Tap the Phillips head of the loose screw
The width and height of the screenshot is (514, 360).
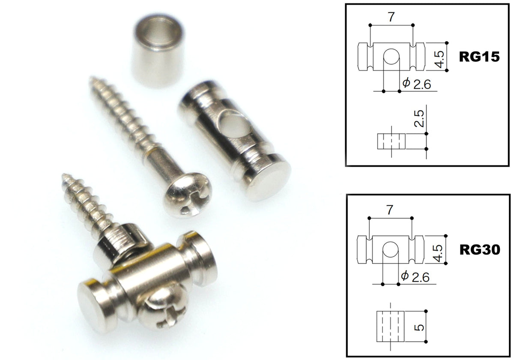(188, 195)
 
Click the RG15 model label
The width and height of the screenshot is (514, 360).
(479, 57)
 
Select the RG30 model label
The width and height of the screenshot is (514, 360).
(480, 249)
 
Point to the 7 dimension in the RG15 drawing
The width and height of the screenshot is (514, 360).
(391, 17)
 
